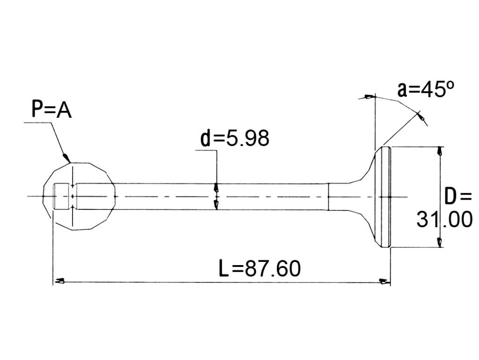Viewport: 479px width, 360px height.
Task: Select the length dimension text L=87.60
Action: (x=260, y=268)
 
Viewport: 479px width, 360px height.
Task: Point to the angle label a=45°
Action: (x=426, y=89)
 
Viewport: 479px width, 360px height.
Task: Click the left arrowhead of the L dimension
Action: (x=59, y=281)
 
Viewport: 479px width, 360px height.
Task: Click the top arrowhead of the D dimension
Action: (x=439, y=151)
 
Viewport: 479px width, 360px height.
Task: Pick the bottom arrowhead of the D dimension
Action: (x=439, y=242)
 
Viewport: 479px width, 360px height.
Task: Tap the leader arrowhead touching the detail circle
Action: (x=66, y=157)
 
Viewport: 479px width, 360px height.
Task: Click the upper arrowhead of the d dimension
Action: (x=217, y=187)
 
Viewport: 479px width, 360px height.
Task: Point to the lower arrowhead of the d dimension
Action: (x=217, y=205)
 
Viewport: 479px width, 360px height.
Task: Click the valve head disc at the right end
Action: (x=385, y=197)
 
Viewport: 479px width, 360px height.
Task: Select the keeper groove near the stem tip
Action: (x=73, y=196)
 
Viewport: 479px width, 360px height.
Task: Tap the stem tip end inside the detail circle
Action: (x=54, y=196)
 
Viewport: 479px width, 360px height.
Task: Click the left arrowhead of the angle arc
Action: (x=369, y=97)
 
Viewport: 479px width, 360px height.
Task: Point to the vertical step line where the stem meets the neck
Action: (x=328, y=197)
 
